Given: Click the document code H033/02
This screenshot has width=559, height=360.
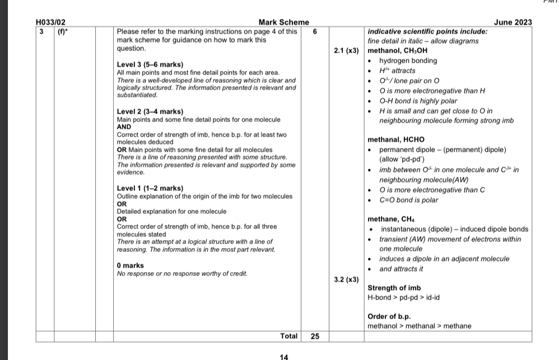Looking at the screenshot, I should pyautogui.click(x=50, y=22).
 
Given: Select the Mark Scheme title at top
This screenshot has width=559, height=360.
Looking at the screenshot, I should pyautogui.click(x=283, y=22).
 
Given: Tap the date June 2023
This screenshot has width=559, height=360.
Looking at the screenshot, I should pyautogui.click(x=513, y=22).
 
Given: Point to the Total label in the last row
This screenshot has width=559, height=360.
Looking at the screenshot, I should pyautogui.click(x=289, y=336).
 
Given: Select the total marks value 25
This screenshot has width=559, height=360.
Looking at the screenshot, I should pyautogui.click(x=315, y=336).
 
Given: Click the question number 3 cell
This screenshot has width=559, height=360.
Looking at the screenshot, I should pyautogui.click(x=41, y=31).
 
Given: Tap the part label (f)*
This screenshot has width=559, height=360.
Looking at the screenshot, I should pyautogui.click(x=62, y=31).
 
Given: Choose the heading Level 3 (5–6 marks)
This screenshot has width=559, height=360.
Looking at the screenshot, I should pyautogui.click(x=150, y=65).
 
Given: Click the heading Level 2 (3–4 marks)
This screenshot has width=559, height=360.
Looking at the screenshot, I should pyautogui.click(x=150, y=111).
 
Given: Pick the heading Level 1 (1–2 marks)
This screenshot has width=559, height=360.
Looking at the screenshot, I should pyautogui.click(x=150, y=188).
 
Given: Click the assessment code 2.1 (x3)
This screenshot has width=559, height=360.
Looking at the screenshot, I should pyautogui.click(x=346, y=51).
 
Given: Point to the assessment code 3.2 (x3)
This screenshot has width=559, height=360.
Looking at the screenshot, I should pyautogui.click(x=346, y=279).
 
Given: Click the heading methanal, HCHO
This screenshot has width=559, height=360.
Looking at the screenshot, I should pyautogui.click(x=396, y=139).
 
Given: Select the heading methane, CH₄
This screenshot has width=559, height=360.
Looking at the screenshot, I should pyautogui.click(x=391, y=219).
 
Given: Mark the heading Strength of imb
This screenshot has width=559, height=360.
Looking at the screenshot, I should pyautogui.click(x=390, y=288).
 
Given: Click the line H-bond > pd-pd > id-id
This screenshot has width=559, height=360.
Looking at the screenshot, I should pyautogui.click(x=403, y=297).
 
